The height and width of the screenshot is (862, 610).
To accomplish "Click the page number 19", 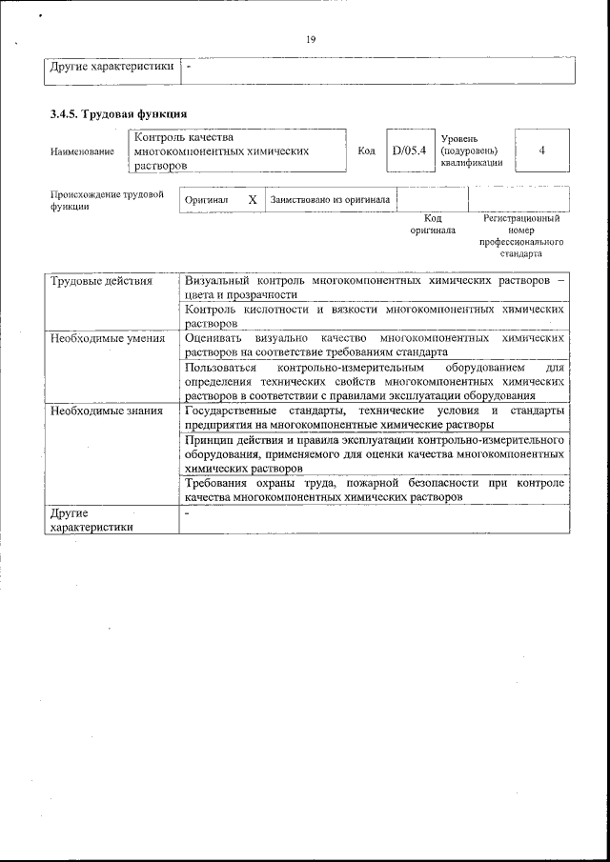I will (311, 39).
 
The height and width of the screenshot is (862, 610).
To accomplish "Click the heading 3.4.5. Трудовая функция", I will (112, 114).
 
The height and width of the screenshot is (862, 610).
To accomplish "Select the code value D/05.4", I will (410, 150).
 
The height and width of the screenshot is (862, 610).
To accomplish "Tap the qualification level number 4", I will (541, 150).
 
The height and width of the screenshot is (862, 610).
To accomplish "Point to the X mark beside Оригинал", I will (253, 200).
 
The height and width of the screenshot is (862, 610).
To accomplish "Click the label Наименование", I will (82, 151).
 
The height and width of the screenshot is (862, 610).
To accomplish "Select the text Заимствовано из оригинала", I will (330, 200).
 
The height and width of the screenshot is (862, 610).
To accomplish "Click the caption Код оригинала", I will (433, 225).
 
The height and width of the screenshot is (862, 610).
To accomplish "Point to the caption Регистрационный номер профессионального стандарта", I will (521, 236).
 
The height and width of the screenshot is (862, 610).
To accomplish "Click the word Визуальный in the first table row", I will (218, 282).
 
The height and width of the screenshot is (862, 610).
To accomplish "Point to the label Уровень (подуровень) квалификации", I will (469, 150).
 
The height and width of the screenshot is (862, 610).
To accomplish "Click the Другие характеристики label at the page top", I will (111, 67).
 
